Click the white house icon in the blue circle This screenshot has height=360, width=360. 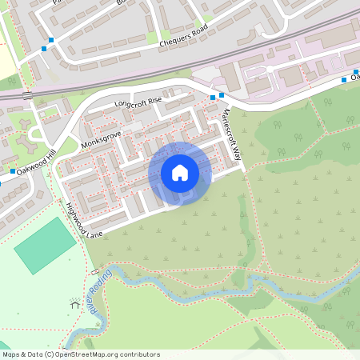[180, 173]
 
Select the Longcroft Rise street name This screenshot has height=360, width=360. [138, 102]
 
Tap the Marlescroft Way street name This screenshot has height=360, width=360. [232, 131]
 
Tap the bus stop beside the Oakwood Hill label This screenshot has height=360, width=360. [14, 171]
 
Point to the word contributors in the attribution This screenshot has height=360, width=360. [139, 354]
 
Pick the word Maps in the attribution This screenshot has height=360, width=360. [12, 354]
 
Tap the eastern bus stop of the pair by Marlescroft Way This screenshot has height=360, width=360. [222, 95]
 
